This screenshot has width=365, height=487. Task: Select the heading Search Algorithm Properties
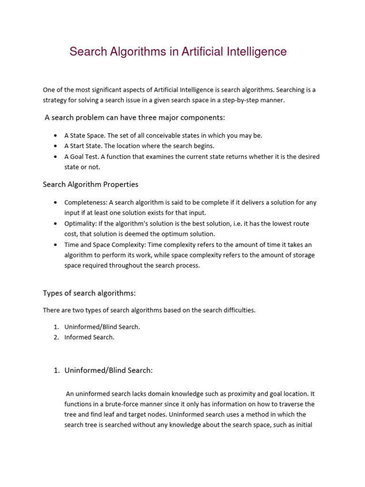(x=90, y=184)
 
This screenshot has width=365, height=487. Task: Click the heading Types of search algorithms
(x=89, y=292)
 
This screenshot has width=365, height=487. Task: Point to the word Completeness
(x=86, y=202)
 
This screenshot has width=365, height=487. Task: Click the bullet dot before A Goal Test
(x=56, y=156)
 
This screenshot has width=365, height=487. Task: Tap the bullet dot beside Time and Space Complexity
(x=56, y=245)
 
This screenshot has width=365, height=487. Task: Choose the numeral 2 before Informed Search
(x=56, y=337)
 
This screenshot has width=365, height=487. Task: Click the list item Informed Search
(x=89, y=337)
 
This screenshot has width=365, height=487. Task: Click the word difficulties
(x=236, y=310)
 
